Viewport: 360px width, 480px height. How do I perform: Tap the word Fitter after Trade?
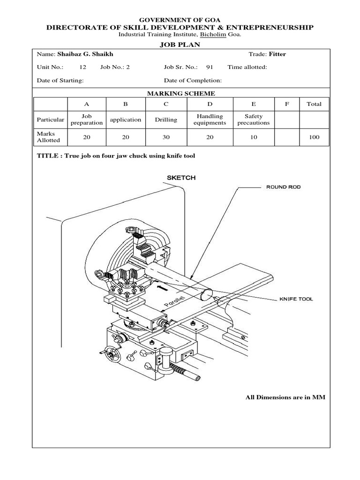pos(277,54)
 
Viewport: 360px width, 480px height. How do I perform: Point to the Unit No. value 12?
pos(82,67)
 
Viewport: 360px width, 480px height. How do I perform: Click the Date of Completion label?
pos(193,80)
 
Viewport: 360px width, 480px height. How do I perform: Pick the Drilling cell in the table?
pos(166,120)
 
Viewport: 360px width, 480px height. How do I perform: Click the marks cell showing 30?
pos(166,137)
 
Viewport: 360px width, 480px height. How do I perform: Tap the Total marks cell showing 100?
pos(314,137)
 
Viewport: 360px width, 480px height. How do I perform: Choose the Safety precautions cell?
pos(254,120)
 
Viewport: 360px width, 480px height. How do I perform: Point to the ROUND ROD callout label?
pos(283,187)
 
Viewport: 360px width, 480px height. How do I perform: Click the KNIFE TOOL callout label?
pos(296,299)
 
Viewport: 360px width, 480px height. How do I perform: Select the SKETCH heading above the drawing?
pos(181,178)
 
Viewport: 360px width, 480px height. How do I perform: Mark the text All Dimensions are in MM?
pos(285,397)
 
